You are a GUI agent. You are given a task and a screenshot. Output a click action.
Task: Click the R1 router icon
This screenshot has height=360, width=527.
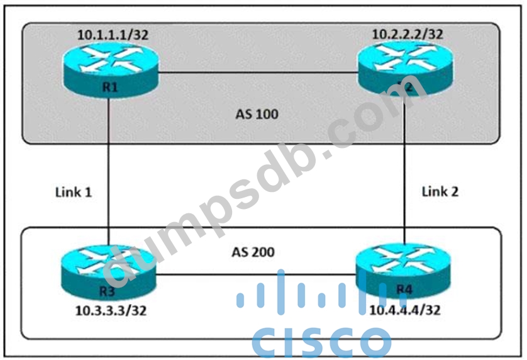(111, 72)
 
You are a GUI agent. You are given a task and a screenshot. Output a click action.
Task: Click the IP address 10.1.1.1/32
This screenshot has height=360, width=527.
(113, 35)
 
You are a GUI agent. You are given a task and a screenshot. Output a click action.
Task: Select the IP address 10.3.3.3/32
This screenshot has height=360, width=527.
(111, 310)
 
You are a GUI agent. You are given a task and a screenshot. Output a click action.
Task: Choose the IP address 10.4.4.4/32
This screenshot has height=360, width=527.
(405, 310)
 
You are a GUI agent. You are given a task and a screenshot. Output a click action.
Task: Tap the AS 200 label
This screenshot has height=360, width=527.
(255, 252)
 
